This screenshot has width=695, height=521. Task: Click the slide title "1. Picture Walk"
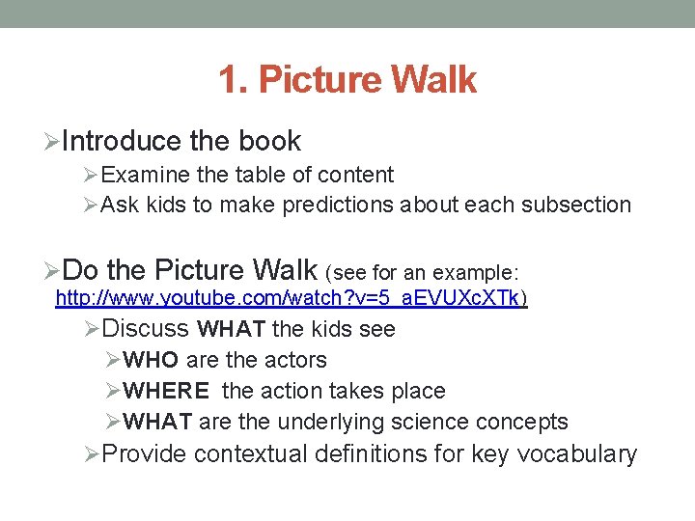tap(347, 80)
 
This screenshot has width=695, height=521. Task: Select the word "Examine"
tap(143, 176)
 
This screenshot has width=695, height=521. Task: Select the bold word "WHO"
tap(152, 361)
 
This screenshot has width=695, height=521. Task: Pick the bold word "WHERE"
tap(167, 392)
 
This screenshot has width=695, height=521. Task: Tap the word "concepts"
tap(527, 423)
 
